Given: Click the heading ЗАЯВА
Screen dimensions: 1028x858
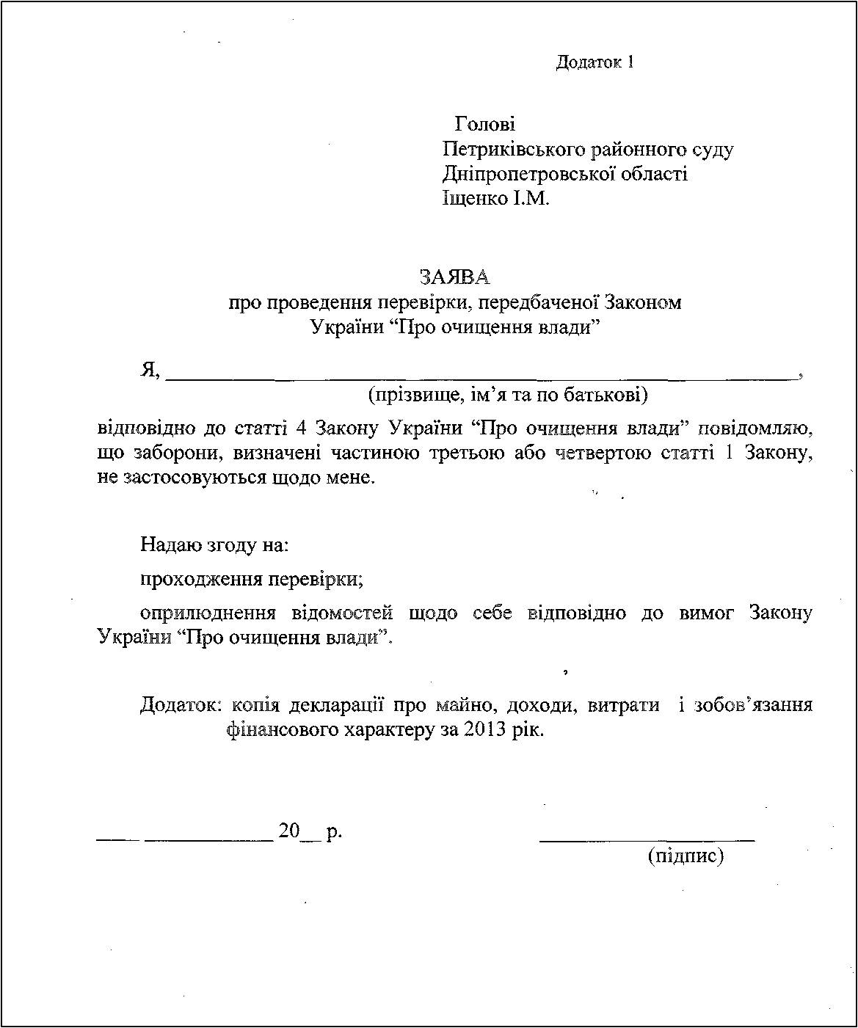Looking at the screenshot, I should [454, 277].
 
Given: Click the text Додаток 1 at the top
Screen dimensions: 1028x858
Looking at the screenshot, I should [595, 62].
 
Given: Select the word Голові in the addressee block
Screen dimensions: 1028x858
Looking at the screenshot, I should [485, 124].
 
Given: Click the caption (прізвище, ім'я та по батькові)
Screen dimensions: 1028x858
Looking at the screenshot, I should [508, 395].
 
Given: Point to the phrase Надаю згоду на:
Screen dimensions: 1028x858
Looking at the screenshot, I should [214, 545].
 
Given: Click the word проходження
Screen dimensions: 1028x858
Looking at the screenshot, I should [202, 579].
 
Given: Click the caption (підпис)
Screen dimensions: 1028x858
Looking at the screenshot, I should [686, 856].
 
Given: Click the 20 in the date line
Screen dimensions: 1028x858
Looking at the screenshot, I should [289, 831].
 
